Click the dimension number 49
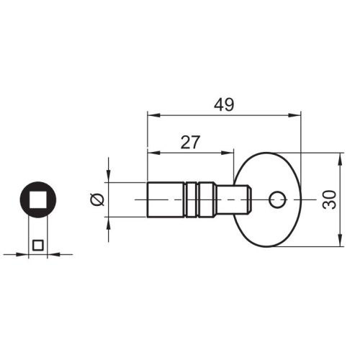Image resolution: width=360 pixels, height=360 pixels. pyautogui.click(x=224, y=104)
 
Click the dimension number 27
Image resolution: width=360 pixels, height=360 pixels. pyautogui.click(x=190, y=142)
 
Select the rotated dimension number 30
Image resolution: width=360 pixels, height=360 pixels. pyautogui.click(x=330, y=199)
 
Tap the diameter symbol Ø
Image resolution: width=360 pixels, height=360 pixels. pyautogui.click(x=96, y=199)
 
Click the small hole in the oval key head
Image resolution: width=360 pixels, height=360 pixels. pyautogui.click(x=277, y=199)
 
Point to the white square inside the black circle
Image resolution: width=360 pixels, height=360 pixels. pyautogui.click(x=38, y=199)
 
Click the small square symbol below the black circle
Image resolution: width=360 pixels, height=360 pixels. pyautogui.click(x=38, y=246)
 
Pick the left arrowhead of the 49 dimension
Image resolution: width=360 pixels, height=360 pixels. pyautogui.click(x=153, y=115)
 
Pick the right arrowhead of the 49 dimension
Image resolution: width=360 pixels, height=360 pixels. pyautogui.click(x=294, y=115)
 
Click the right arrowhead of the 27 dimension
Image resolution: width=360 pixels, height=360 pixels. pyautogui.click(x=227, y=153)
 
